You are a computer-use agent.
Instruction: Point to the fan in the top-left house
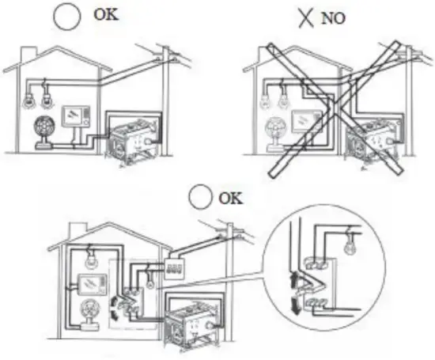pyautogui.click(x=43, y=130)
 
